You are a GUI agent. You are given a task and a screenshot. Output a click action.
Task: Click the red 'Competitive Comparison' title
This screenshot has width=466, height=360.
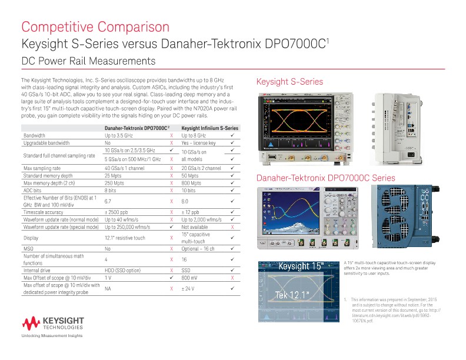(x=95, y=27)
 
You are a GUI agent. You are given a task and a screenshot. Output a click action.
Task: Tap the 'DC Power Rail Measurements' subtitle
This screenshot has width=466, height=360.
(x=88, y=61)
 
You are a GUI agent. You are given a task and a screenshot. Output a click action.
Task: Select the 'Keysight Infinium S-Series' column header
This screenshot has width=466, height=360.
(x=209, y=128)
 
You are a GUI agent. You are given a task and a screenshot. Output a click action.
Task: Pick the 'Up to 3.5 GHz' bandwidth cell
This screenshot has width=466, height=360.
(x=120, y=135)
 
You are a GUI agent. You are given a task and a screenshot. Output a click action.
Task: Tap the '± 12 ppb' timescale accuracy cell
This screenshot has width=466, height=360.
(x=191, y=212)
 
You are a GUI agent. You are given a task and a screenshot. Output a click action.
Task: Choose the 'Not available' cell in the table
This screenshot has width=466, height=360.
(x=194, y=226)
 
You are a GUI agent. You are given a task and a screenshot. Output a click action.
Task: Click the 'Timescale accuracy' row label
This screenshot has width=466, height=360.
(x=44, y=212)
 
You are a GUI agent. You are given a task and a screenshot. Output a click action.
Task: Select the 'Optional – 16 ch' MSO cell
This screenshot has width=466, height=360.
(x=198, y=249)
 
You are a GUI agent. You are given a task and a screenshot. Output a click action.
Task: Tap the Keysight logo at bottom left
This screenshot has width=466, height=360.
(x=52, y=322)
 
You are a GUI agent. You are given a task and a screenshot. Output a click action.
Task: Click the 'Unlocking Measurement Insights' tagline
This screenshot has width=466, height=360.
(x=52, y=335)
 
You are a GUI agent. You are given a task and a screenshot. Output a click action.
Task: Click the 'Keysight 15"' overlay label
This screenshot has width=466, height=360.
(x=301, y=266)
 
